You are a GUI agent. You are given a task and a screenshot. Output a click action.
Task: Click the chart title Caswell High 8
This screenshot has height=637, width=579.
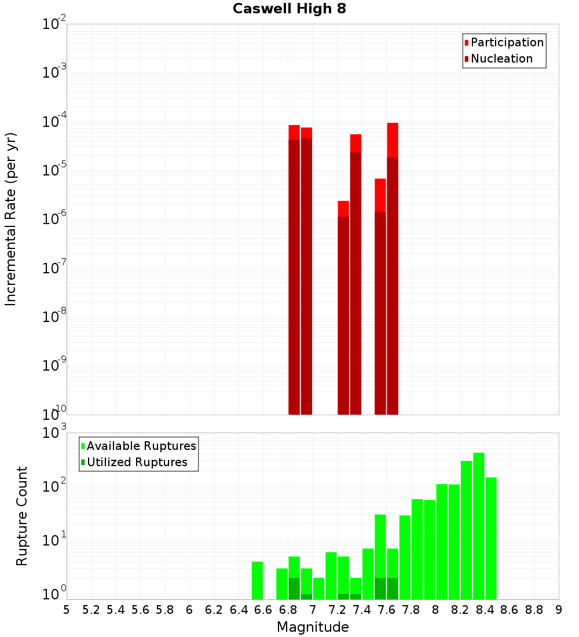coord(289,9)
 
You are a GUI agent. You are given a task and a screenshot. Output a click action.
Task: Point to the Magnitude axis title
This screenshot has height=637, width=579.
coord(313,627)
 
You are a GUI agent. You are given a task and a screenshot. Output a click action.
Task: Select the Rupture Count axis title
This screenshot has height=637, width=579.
coord(22,516)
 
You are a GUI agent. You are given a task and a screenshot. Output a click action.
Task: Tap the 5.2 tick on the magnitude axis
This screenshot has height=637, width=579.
coord(91,610)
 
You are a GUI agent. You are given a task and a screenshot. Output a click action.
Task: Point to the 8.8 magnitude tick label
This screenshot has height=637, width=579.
coord(534,610)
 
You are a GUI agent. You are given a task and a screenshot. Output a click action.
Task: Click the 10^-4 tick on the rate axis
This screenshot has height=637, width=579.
coord(54,122)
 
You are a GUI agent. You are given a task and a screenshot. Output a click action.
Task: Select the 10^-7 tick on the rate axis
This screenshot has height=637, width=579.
coord(54,268)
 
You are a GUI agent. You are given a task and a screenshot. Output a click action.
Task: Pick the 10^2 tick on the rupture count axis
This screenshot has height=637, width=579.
coord(54,486)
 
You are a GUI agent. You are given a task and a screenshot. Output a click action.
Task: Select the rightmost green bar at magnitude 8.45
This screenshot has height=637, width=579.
coord(491,538)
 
